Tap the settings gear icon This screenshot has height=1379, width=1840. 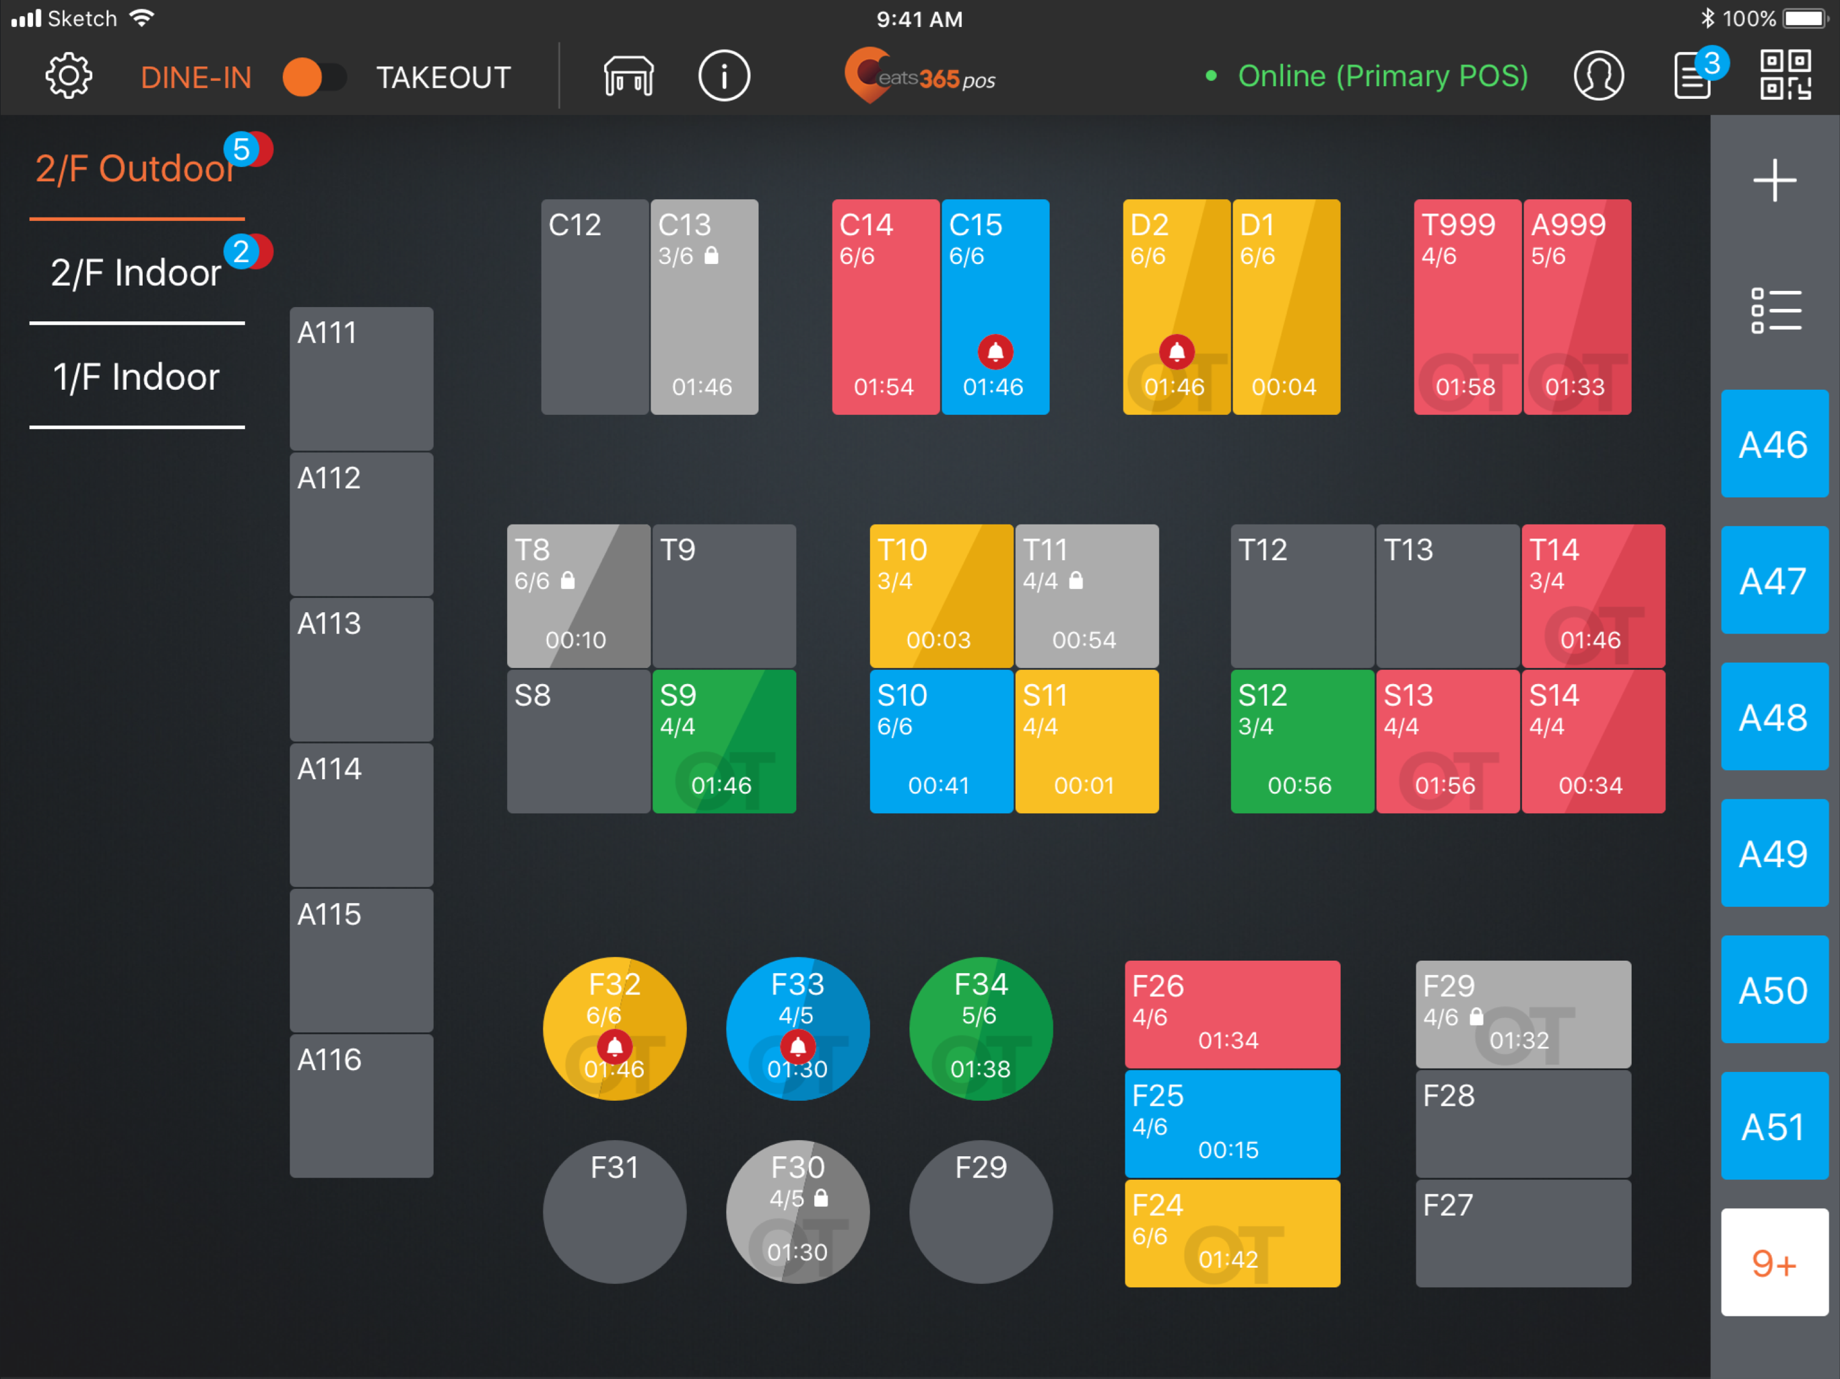(x=68, y=77)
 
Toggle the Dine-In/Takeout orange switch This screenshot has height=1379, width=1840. (x=314, y=77)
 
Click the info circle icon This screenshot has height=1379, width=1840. (x=724, y=77)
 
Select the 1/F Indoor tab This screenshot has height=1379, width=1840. (x=137, y=377)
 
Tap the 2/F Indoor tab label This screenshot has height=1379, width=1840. (x=137, y=273)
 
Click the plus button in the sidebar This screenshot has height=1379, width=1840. (x=1773, y=180)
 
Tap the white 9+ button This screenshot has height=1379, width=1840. (x=1773, y=1263)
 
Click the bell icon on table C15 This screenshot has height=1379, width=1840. (x=995, y=351)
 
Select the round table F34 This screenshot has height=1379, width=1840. (x=981, y=1028)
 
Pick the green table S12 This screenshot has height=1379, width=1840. (x=1302, y=740)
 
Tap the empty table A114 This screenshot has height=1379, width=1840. (x=361, y=814)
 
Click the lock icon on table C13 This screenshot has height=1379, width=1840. (x=711, y=255)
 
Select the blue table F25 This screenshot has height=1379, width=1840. (x=1232, y=1123)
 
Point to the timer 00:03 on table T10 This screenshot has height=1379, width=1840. (x=938, y=640)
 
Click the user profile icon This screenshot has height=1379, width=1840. (x=1598, y=77)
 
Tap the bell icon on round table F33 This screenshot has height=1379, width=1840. (x=797, y=1046)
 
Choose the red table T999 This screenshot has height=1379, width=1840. (x=1468, y=306)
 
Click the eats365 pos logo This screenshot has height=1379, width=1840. (x=919, y=77)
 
